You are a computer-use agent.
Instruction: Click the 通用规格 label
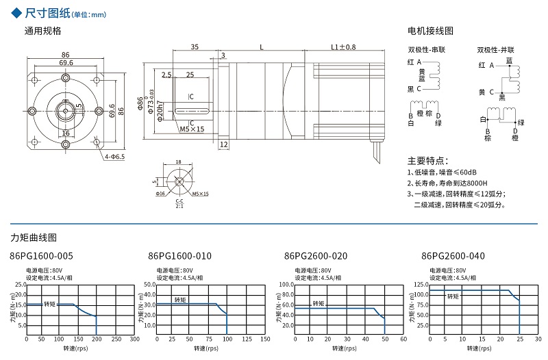(43, 31)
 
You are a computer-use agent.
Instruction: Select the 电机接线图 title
(430, 31)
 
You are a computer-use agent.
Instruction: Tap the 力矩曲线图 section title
(34, 237)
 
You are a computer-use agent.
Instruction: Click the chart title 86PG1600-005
(41, 256)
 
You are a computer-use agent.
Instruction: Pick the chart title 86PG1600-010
(179, 256)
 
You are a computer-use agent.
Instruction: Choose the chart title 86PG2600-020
(315, 256)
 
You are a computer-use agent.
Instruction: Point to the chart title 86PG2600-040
(453, 256)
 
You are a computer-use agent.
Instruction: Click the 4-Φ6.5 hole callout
(114, 157)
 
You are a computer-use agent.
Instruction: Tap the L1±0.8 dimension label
(343, 47)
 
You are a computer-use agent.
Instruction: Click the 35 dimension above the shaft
(195, 47)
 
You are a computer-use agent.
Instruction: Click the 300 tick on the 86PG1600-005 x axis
(135, 339)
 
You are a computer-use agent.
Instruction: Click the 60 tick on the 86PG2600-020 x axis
(403, 339)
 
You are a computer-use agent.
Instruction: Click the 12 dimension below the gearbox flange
(223, 144)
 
